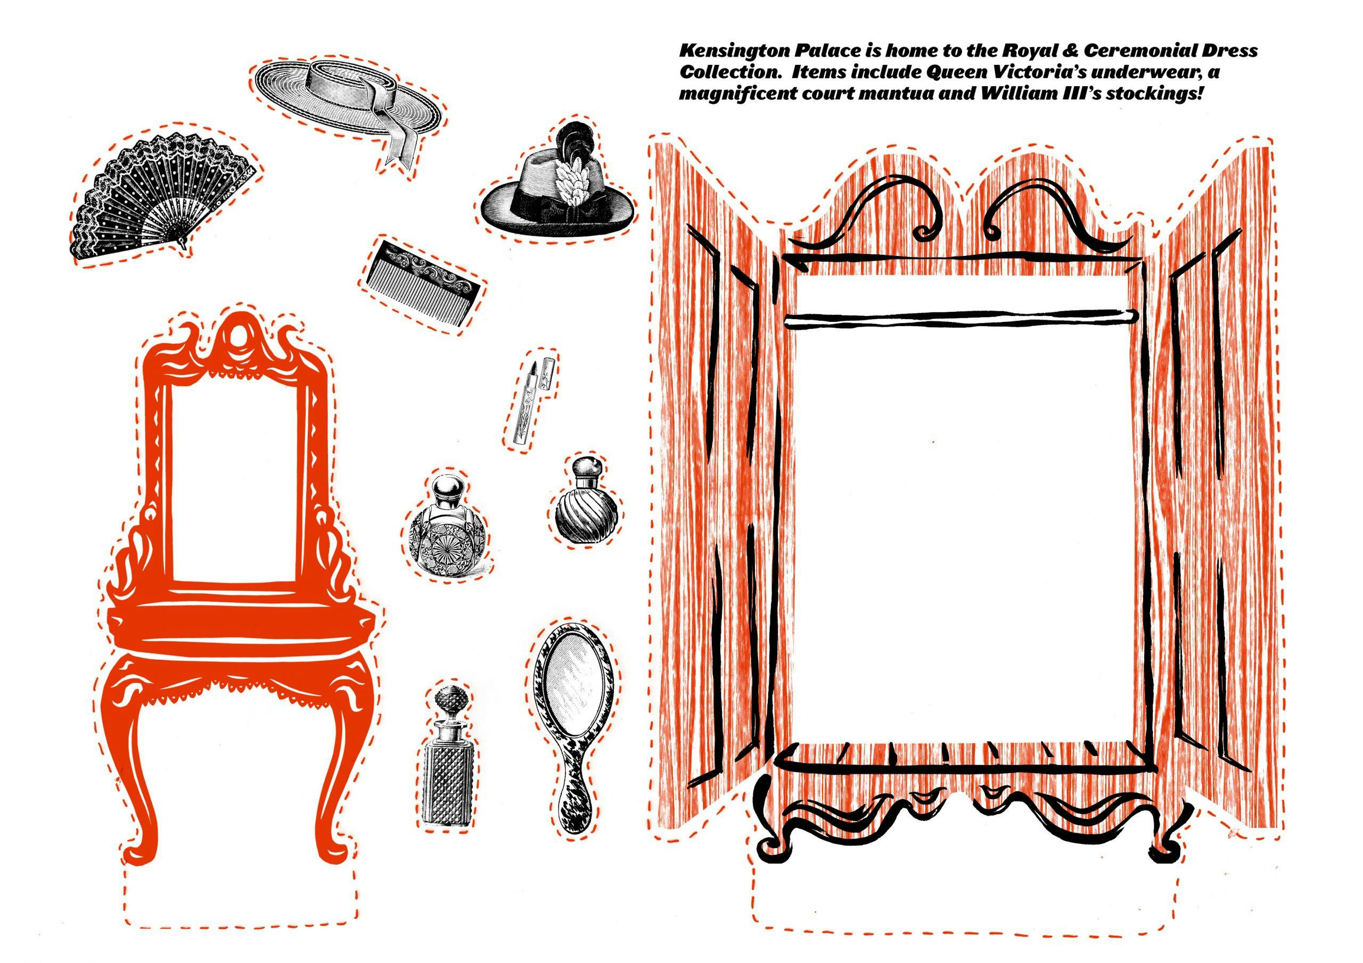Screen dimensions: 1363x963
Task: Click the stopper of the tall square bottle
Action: [x=445, y=701]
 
